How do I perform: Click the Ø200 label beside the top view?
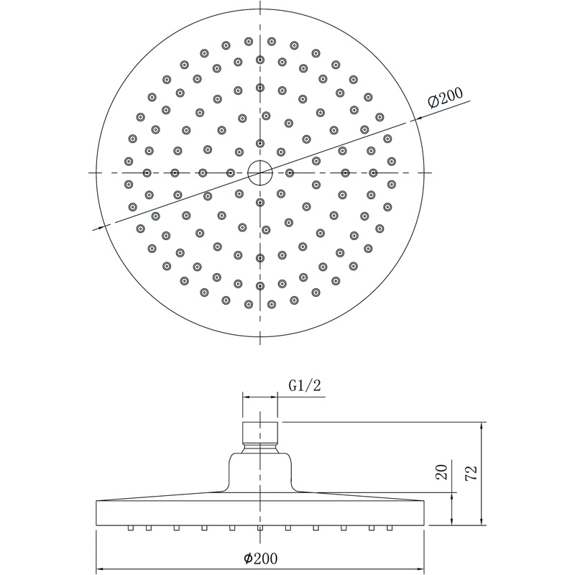[x=446, y=98]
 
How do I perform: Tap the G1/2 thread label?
[x=304, y=386]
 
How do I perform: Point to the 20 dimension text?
[x=443, y=472]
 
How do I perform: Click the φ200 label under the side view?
[x=261, y=558]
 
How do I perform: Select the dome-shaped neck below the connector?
[x=260, y=472]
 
